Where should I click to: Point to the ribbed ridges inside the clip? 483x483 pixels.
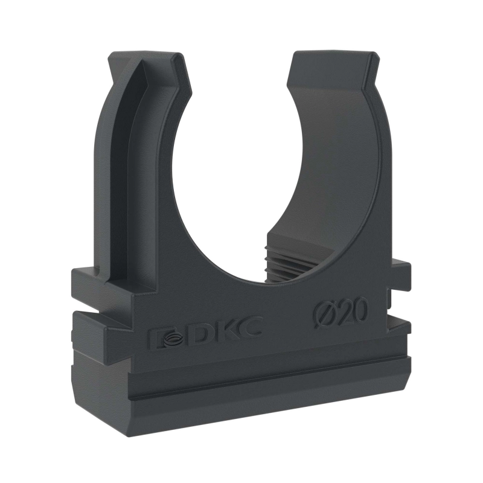pyautogui.click(x=286, y=255)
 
